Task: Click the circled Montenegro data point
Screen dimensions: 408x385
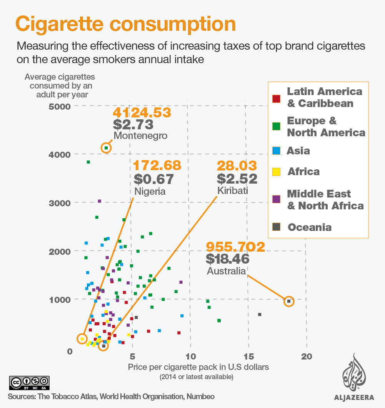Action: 106,148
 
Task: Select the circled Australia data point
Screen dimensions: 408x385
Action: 289,301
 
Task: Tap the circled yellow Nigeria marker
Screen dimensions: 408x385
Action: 82,339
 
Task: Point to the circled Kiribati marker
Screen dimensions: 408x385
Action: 103,346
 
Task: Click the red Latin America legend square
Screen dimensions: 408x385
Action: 276,98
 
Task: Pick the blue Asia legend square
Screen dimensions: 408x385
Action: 276,151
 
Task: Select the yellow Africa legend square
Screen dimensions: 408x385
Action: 276,172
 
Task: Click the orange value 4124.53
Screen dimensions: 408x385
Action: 142,113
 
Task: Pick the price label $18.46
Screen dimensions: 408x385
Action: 228,258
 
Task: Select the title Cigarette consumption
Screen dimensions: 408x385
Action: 125,24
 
